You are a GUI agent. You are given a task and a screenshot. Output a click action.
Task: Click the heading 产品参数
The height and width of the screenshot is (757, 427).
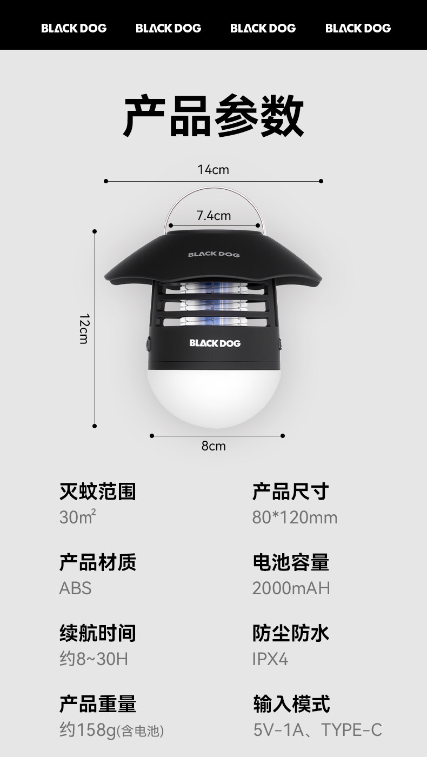(213, 115)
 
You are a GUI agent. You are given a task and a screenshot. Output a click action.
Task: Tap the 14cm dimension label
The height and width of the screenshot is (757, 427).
(213, 170)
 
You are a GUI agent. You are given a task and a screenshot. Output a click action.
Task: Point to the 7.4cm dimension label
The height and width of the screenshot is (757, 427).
(213, 216)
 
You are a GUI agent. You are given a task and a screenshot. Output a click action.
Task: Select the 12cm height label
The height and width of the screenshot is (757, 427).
(84, 328)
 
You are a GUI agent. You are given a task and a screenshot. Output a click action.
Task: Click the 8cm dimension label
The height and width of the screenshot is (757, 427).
(213, 446)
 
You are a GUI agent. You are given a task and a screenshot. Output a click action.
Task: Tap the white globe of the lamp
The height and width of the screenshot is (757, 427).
(213, 397)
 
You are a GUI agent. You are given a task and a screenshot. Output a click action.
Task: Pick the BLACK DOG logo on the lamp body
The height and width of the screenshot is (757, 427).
(215, 343)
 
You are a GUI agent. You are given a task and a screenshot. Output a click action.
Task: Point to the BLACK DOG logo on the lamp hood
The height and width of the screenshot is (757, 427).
(213, 254)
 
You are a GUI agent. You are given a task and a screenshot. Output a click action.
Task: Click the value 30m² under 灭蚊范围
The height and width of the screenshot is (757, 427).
(78, 517)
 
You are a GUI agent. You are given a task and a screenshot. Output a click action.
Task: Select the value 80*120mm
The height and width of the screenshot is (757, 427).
(295, 517)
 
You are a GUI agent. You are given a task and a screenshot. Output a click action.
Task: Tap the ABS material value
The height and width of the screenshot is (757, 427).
(75, 588)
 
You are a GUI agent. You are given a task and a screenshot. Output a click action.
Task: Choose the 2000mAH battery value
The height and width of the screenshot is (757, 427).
(291, 588)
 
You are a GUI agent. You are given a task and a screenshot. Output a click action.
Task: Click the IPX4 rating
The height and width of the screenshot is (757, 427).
(270, 659)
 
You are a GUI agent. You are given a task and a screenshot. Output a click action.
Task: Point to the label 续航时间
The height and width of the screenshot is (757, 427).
(97, 633)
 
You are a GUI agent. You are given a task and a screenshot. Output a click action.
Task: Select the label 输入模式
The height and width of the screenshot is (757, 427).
(291, 703)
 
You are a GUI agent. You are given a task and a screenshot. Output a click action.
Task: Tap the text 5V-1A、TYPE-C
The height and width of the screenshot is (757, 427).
(317, 730)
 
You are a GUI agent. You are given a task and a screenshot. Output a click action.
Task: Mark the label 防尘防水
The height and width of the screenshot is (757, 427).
(291, 633)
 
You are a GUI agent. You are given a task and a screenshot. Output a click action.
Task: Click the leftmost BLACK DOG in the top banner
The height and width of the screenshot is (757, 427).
(74, 28)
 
